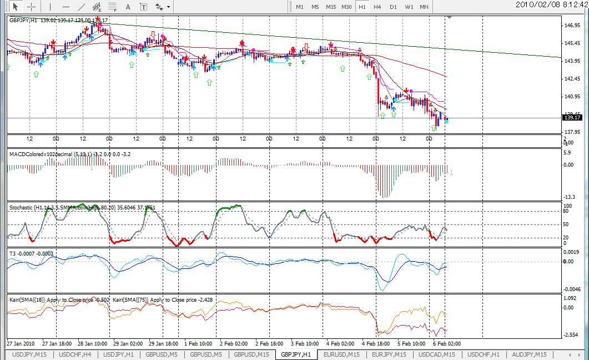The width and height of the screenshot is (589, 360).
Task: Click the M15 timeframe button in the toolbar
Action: tap(331, 7)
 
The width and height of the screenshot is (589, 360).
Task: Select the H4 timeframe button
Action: tap(377, 7)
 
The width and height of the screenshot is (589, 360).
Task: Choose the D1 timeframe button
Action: tap(393, 7)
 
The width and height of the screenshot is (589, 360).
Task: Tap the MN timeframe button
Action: tap(424, 7)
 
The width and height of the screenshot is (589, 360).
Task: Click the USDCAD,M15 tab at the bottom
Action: tap(437, 354)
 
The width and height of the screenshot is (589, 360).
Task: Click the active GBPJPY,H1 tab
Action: tap(296, 354)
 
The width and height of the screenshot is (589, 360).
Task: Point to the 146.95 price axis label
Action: tap(572, 26)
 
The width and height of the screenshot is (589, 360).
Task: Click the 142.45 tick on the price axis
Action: tap(572, 79)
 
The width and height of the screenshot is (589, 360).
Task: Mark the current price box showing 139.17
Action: tap(572, 117)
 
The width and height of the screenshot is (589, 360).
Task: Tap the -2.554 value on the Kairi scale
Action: tap(571, 334)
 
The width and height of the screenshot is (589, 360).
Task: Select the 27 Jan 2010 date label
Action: tap(21, 343)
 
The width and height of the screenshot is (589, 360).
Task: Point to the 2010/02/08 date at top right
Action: tap(535, 4)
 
